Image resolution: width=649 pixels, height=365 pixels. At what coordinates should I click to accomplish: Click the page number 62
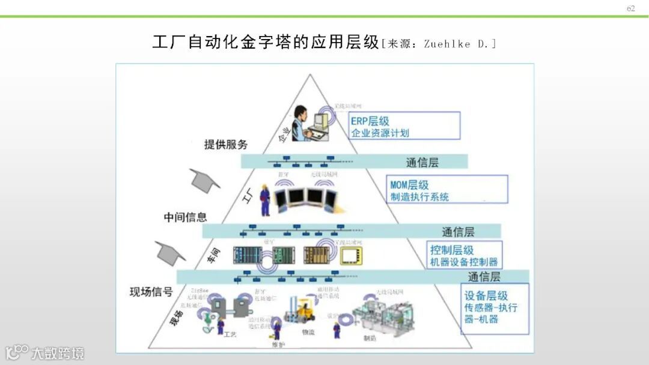[630, 8]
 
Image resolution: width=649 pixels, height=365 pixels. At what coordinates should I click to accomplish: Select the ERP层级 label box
[405, 126]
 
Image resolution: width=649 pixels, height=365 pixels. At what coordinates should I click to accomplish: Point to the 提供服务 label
[226, 145]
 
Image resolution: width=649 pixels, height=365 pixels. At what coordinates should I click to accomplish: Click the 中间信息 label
[185, 217]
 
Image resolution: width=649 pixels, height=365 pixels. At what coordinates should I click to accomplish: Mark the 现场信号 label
[151, 292]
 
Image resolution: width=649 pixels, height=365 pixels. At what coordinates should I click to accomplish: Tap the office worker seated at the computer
[305, 123]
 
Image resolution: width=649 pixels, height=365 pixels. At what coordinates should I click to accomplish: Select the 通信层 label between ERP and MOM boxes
[422, 162]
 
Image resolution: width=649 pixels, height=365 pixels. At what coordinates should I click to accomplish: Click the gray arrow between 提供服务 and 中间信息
[205, 180]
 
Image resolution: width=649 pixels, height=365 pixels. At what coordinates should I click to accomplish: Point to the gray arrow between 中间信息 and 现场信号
[170, 253]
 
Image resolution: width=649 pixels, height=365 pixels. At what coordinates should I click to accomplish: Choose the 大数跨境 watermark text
[58, 353]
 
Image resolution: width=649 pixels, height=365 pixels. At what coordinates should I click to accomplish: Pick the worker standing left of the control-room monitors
[264, 199]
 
